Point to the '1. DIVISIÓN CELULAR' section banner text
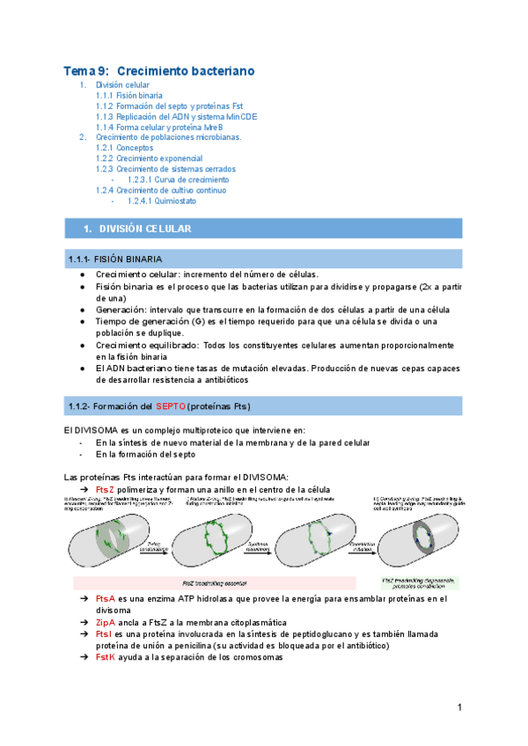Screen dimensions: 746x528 coord(144,229)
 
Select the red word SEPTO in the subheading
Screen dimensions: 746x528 coord(171,406)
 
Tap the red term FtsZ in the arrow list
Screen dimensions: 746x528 coord(105,489)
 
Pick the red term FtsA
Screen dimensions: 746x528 coord(105,598)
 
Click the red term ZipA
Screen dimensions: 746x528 coord(105,622)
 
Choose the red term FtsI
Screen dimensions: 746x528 coord(103,633)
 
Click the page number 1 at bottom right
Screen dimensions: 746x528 coord(458,708)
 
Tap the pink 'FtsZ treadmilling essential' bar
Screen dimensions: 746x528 coord(214,582)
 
